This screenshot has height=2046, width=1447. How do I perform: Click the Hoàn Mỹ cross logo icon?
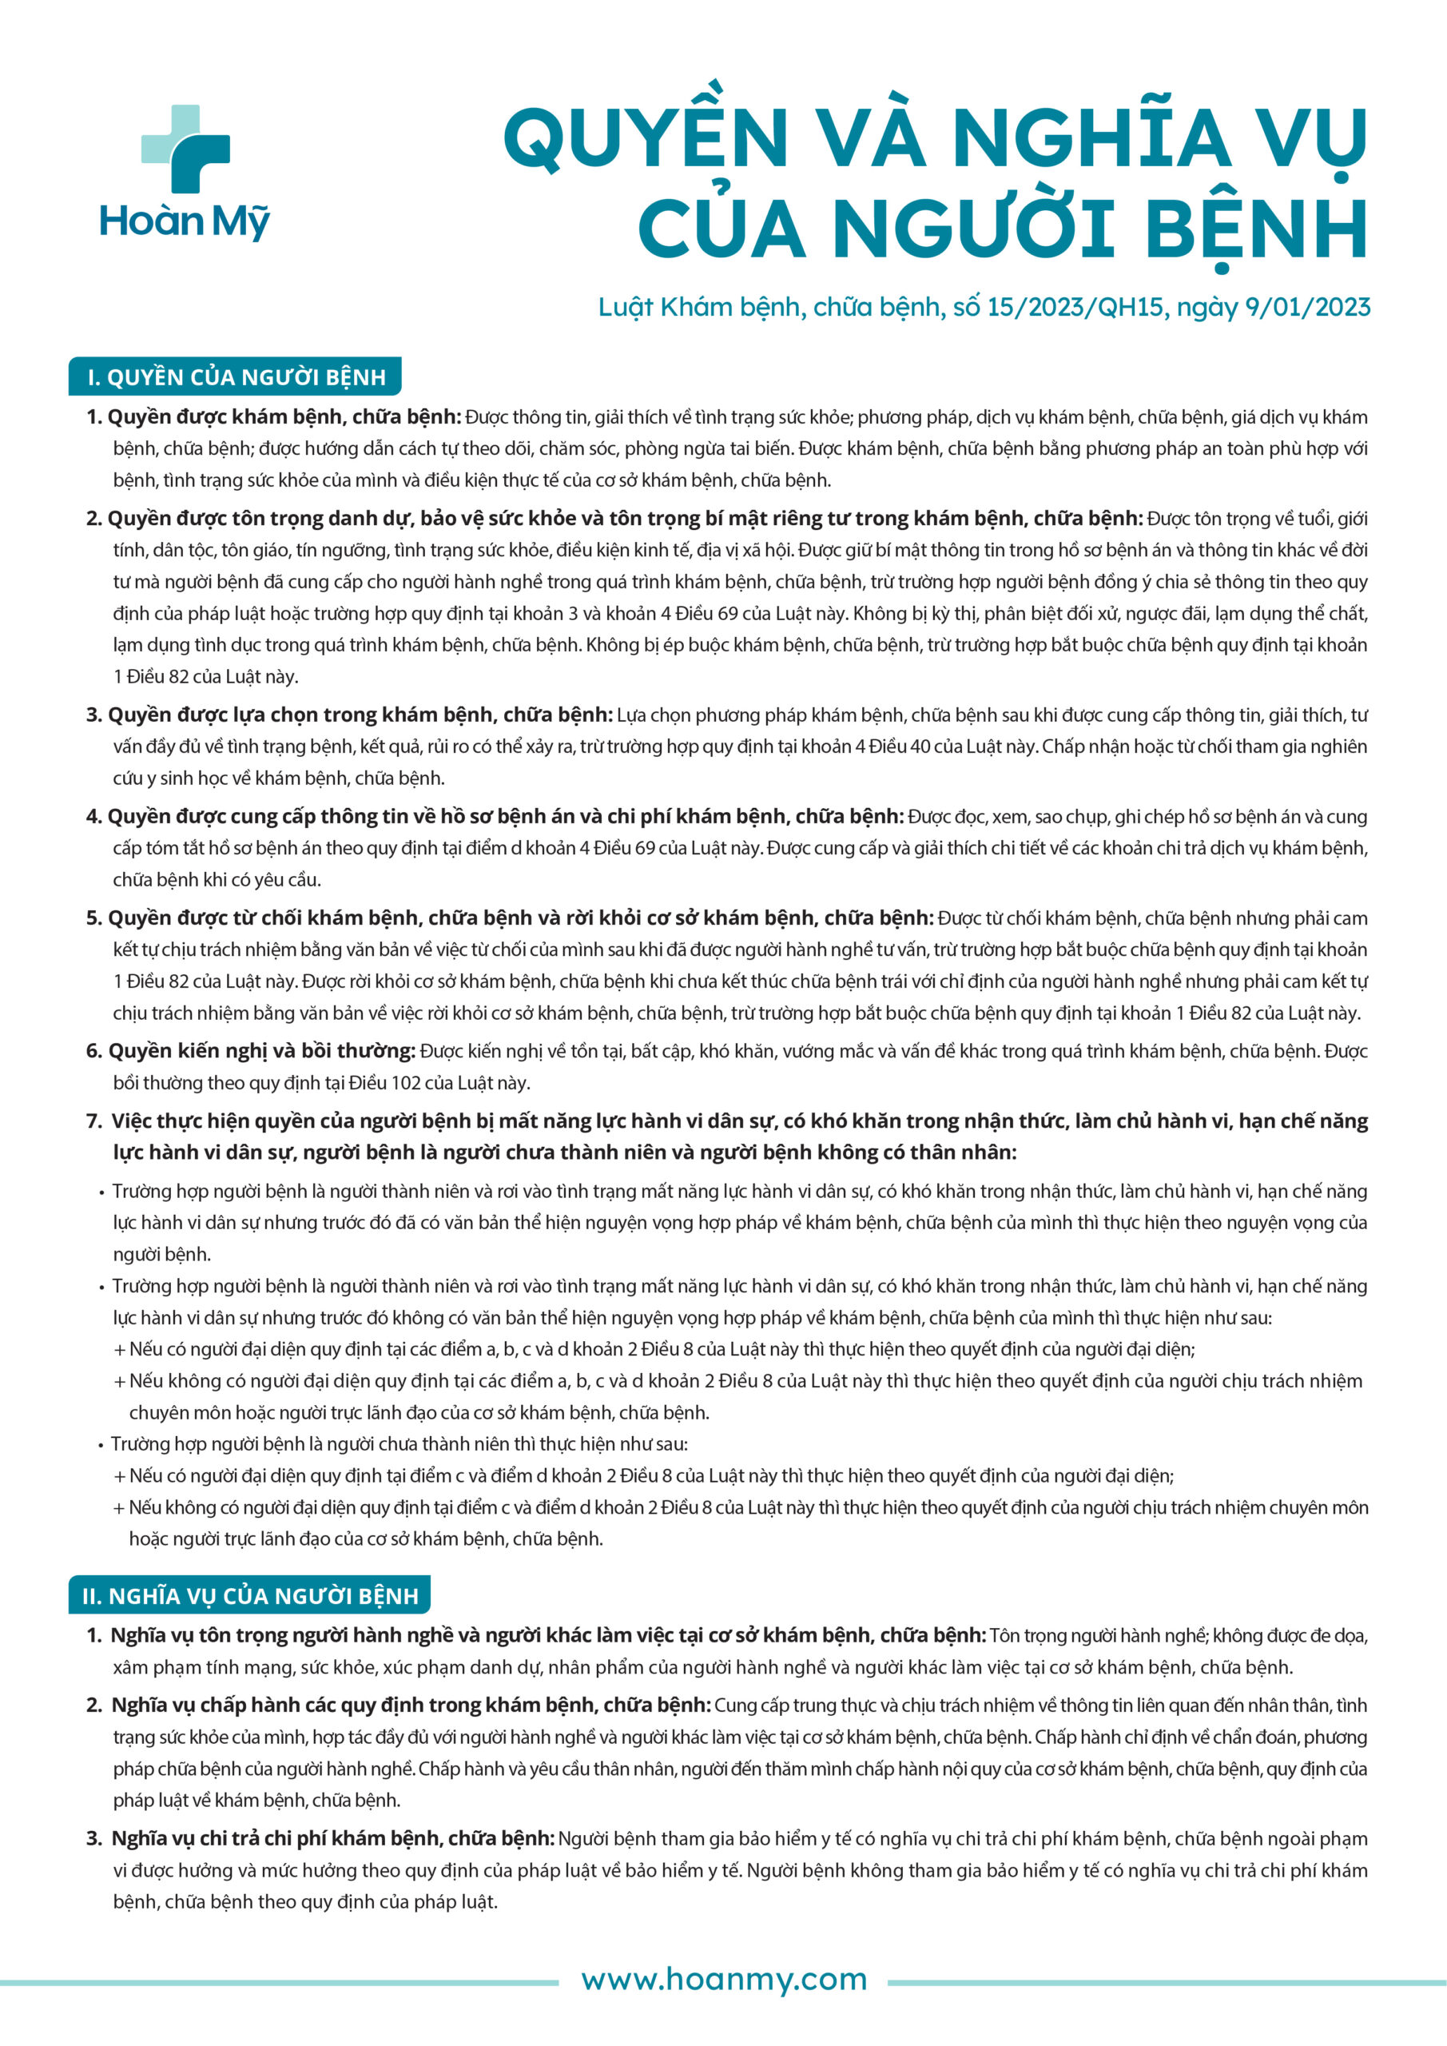[x=185, y=149]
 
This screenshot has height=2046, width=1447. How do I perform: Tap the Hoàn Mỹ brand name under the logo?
[x=185, y=221]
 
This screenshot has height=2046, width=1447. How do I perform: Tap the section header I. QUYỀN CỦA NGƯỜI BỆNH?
[x=235, y=377]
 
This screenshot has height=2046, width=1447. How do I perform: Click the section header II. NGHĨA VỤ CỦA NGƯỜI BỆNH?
[x=248, y=1595]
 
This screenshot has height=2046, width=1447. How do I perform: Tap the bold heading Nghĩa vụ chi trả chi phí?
[x=333, y=1838]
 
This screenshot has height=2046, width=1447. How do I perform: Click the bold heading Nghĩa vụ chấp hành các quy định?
[x=411, y=1705]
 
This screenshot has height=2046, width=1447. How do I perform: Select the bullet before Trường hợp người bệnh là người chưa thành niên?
[x=101, y=1444]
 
